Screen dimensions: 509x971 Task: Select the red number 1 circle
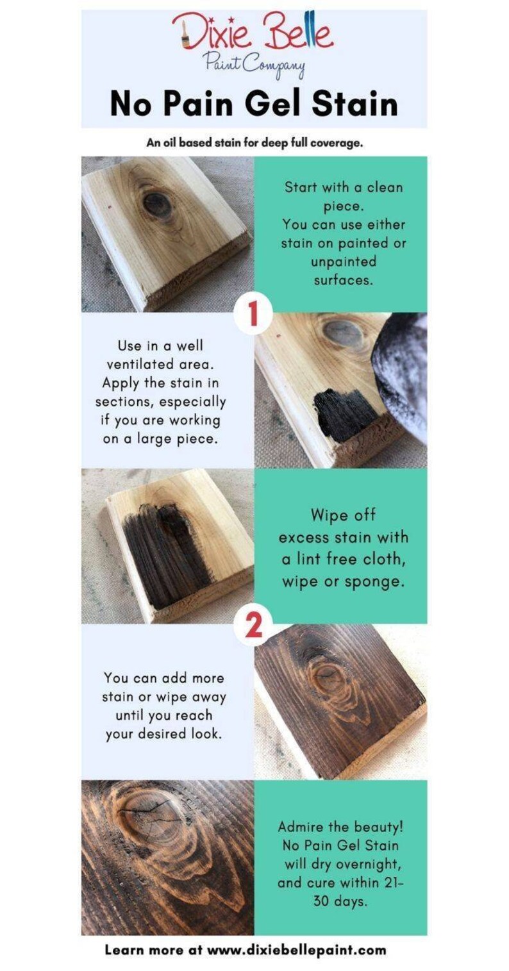[x=253, y=313]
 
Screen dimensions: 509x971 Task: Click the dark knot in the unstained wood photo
[x=156, y=203]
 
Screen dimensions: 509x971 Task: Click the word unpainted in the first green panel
[x=344, y=262]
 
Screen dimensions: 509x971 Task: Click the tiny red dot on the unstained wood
[x=109, y=208]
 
